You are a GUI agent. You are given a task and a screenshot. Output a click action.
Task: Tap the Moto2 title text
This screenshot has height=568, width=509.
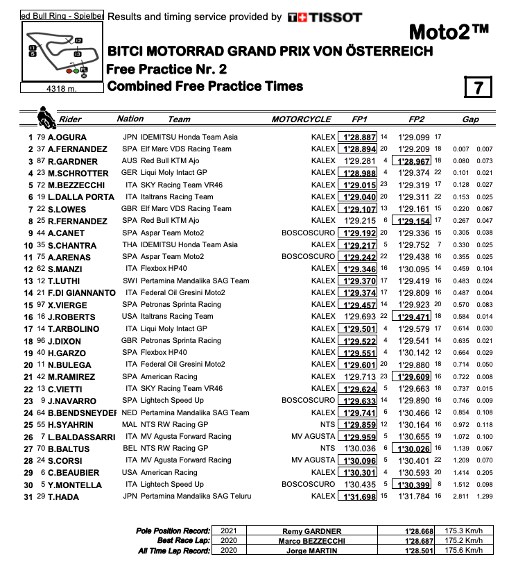tap(449, 32)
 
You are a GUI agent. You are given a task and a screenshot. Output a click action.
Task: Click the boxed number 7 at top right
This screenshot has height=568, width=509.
tap(478, 87)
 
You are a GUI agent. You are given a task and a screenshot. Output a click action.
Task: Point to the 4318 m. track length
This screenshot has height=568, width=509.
tap(60, 88)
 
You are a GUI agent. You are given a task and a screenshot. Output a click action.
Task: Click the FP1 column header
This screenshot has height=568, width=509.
tap(358, 119)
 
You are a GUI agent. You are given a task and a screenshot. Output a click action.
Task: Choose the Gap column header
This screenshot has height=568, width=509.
tap(470, 119)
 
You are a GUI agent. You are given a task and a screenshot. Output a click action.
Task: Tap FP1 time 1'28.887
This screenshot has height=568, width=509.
tap(358, 137)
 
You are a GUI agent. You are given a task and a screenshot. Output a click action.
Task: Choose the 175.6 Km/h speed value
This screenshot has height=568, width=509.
tap(466, 551)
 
